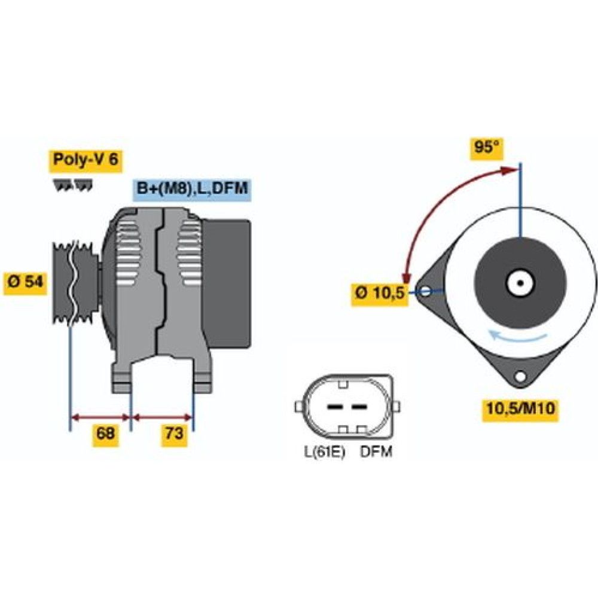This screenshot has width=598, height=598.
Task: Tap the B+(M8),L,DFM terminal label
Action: tap(193, 189)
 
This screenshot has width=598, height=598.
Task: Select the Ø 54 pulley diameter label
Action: tap(26, 282)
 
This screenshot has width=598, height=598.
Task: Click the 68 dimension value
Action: tap(106, 434)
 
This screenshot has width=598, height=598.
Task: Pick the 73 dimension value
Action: tap(174, 434)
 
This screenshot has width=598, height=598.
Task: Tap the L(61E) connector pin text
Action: tap(324, 452)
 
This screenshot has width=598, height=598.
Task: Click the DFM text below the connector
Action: tap(376, 452)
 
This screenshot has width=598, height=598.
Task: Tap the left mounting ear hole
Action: tap(426, 292)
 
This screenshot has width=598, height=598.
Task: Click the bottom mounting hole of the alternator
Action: tap(520, 377)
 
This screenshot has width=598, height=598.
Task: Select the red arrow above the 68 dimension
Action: tap(100, 417)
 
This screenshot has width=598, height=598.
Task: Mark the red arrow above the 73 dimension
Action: tap(163, 417)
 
